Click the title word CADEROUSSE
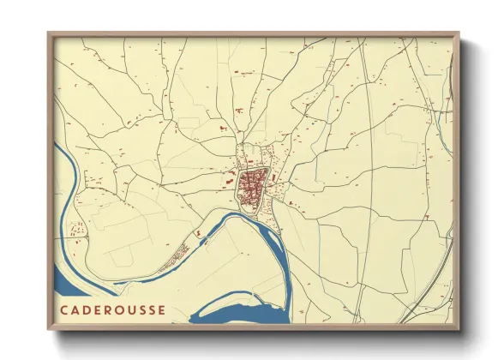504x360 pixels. click(x=113, y=308)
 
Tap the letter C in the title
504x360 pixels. click(x=65, y=308)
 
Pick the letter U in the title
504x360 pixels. click(x=130, y=308)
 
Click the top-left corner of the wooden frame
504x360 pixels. click(x=50, y=34)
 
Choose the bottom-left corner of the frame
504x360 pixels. click(x=50, y=329)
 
